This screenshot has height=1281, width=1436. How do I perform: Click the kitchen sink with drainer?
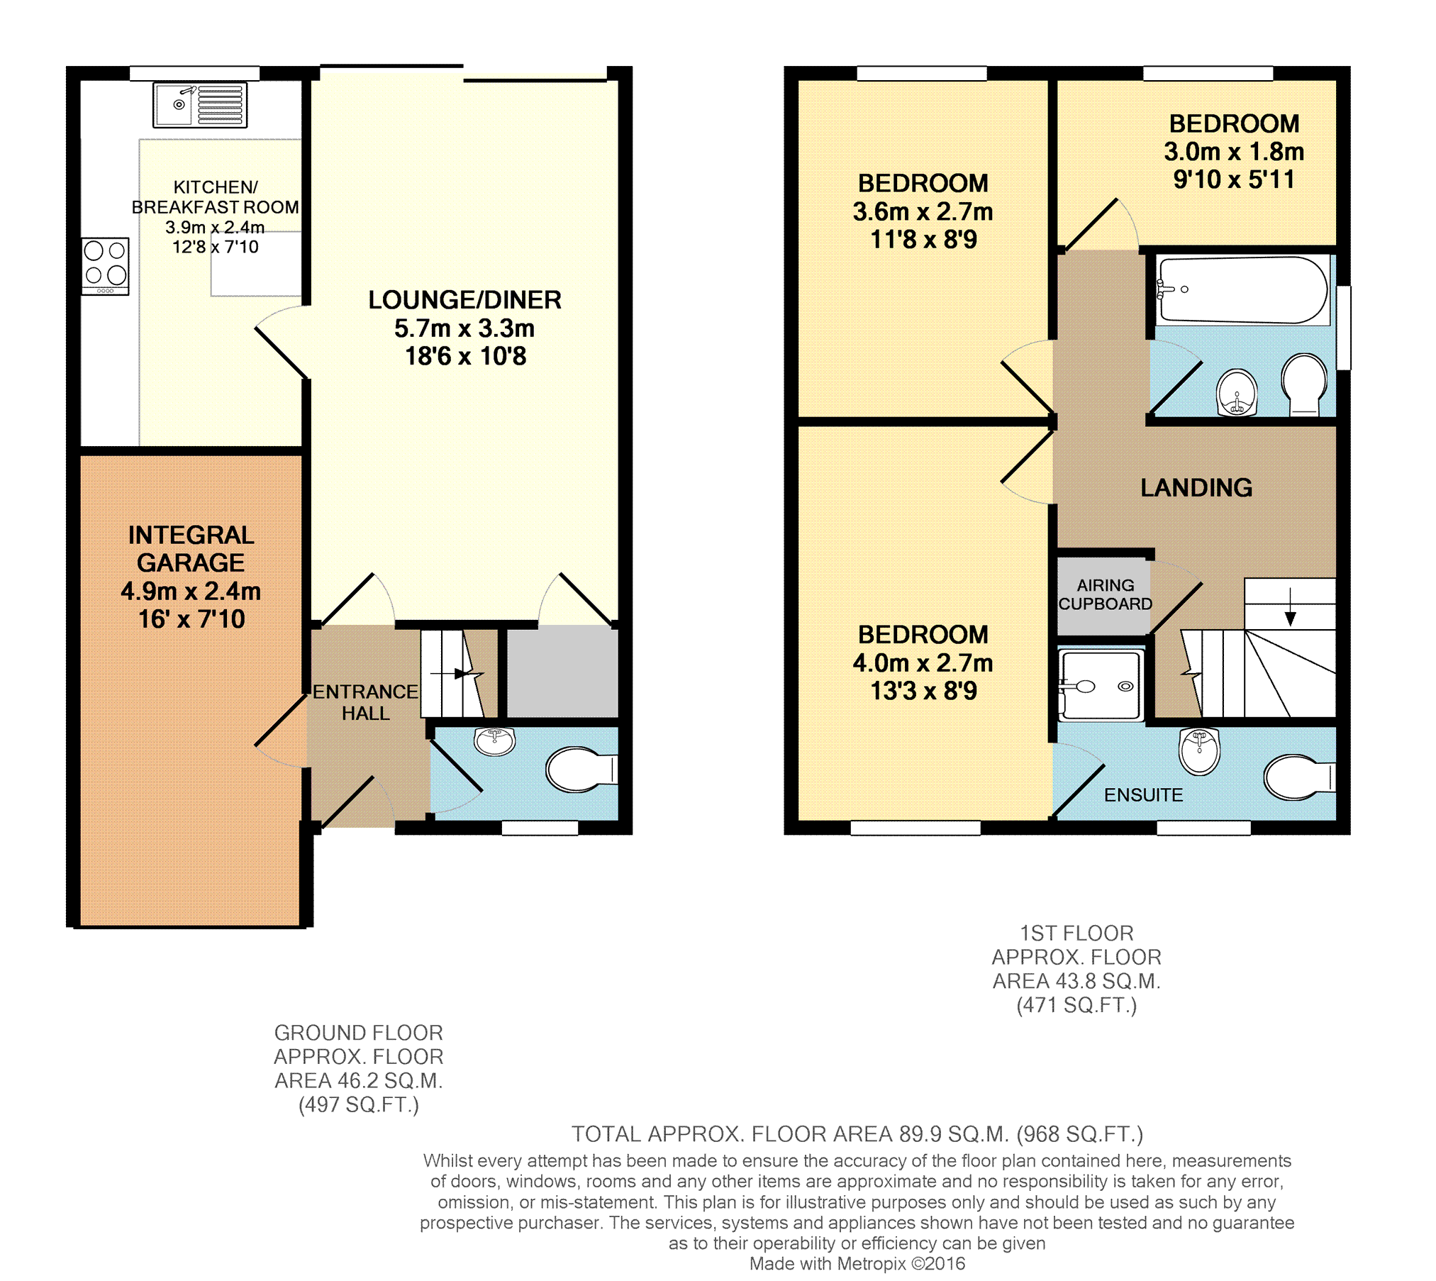pyautogui.click(x=200, y=105)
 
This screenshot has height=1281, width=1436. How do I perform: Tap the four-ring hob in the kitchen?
pyautogui.click(x=105, y=266)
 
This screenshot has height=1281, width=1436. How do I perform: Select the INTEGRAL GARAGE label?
pyautogui.click(x=191, y=548)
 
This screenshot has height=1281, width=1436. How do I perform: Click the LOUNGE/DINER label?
pyautogui.click(x=464, y=300)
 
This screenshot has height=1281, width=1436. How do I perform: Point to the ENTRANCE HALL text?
pyautogui.click(x=365, y=702)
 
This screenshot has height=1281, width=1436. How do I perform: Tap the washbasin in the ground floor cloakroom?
pyautogui.click(x=495, y=742)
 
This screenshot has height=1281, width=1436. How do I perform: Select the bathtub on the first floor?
pyautogui.click(x=1242, y=290)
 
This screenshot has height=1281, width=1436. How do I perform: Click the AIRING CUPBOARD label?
pyautogui.click(x=1105, y=594)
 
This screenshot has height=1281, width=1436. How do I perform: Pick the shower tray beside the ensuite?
pyautogui.click(x=1101, y=685)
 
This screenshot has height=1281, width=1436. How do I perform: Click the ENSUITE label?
pyautogui.click(x=1143, y=795)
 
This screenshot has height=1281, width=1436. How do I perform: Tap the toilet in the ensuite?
pyautogui.click(x=1300, y=777)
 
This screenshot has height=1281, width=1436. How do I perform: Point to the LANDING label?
pyautogui.click(x=1196, y=488)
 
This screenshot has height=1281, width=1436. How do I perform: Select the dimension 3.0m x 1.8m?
pyautogui.click(x=1234, y=152)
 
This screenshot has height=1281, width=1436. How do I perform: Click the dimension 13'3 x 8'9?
pyautogui.click(x=923, y=691)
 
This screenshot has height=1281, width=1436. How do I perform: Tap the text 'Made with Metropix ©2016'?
pyautogui.click(x=857, y=1263)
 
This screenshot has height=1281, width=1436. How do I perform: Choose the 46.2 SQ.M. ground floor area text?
pyautogui.click(x=358, y=1081)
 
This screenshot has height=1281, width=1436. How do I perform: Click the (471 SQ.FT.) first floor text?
pyautogui.click(x=1076, y=1006)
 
